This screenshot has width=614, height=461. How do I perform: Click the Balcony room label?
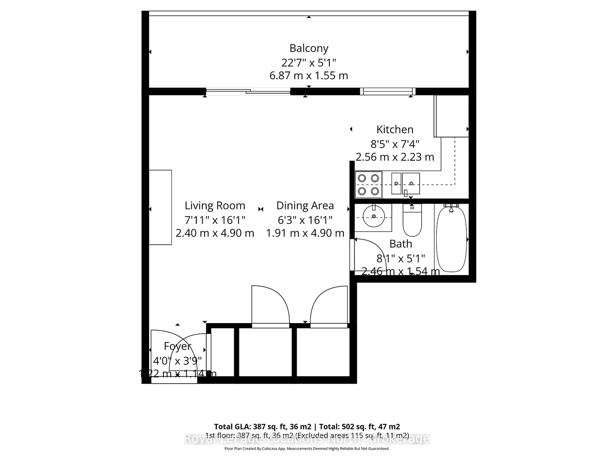[x=309, y=48]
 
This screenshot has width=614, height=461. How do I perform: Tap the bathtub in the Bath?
[x=451, y=239]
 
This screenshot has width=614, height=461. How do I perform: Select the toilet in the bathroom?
[x=412, y=221]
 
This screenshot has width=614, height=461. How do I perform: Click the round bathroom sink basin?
[x=374, y=216]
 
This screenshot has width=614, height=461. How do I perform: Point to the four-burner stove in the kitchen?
[x=368, y=185]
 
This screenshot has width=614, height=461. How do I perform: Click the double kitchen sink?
[x=405, y=183]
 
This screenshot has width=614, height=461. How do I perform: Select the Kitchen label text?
[x=395, y=129]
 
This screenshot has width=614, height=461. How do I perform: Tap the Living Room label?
[x=215, y=206]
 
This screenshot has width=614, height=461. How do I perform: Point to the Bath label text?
[x=401, y=244]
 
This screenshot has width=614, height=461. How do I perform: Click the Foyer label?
[x=178, y=346]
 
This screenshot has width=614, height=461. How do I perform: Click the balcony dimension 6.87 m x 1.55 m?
[x=309, y=76]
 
